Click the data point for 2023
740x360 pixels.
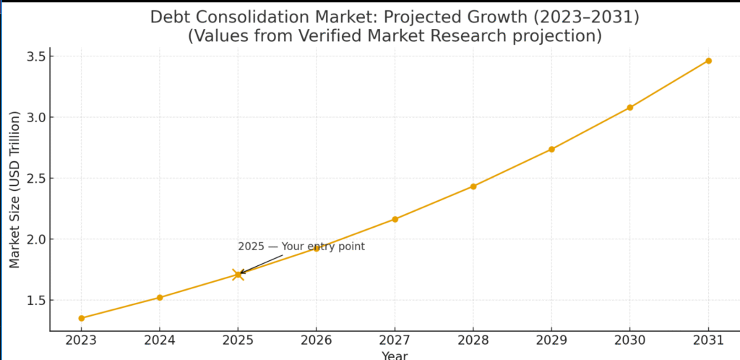pyautogui.click(x=82, y=318)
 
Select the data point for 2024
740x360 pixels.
pyautogui.click(x=160, y=297)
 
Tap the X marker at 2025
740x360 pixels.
pyautogui.click(x=238, y=274)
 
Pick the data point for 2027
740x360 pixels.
pyautogui.click(x=395, y=219)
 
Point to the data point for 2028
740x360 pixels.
pyautogui.click(x=473, y=187)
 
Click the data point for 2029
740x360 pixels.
pyautogui.click(x=551, y=149)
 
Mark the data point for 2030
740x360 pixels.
pyautogui.click(x=629, y=107)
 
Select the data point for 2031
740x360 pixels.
pyautogui.click(x=708, y=61)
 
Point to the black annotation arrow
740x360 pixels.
pyautogui.click(x=259, y=264)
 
